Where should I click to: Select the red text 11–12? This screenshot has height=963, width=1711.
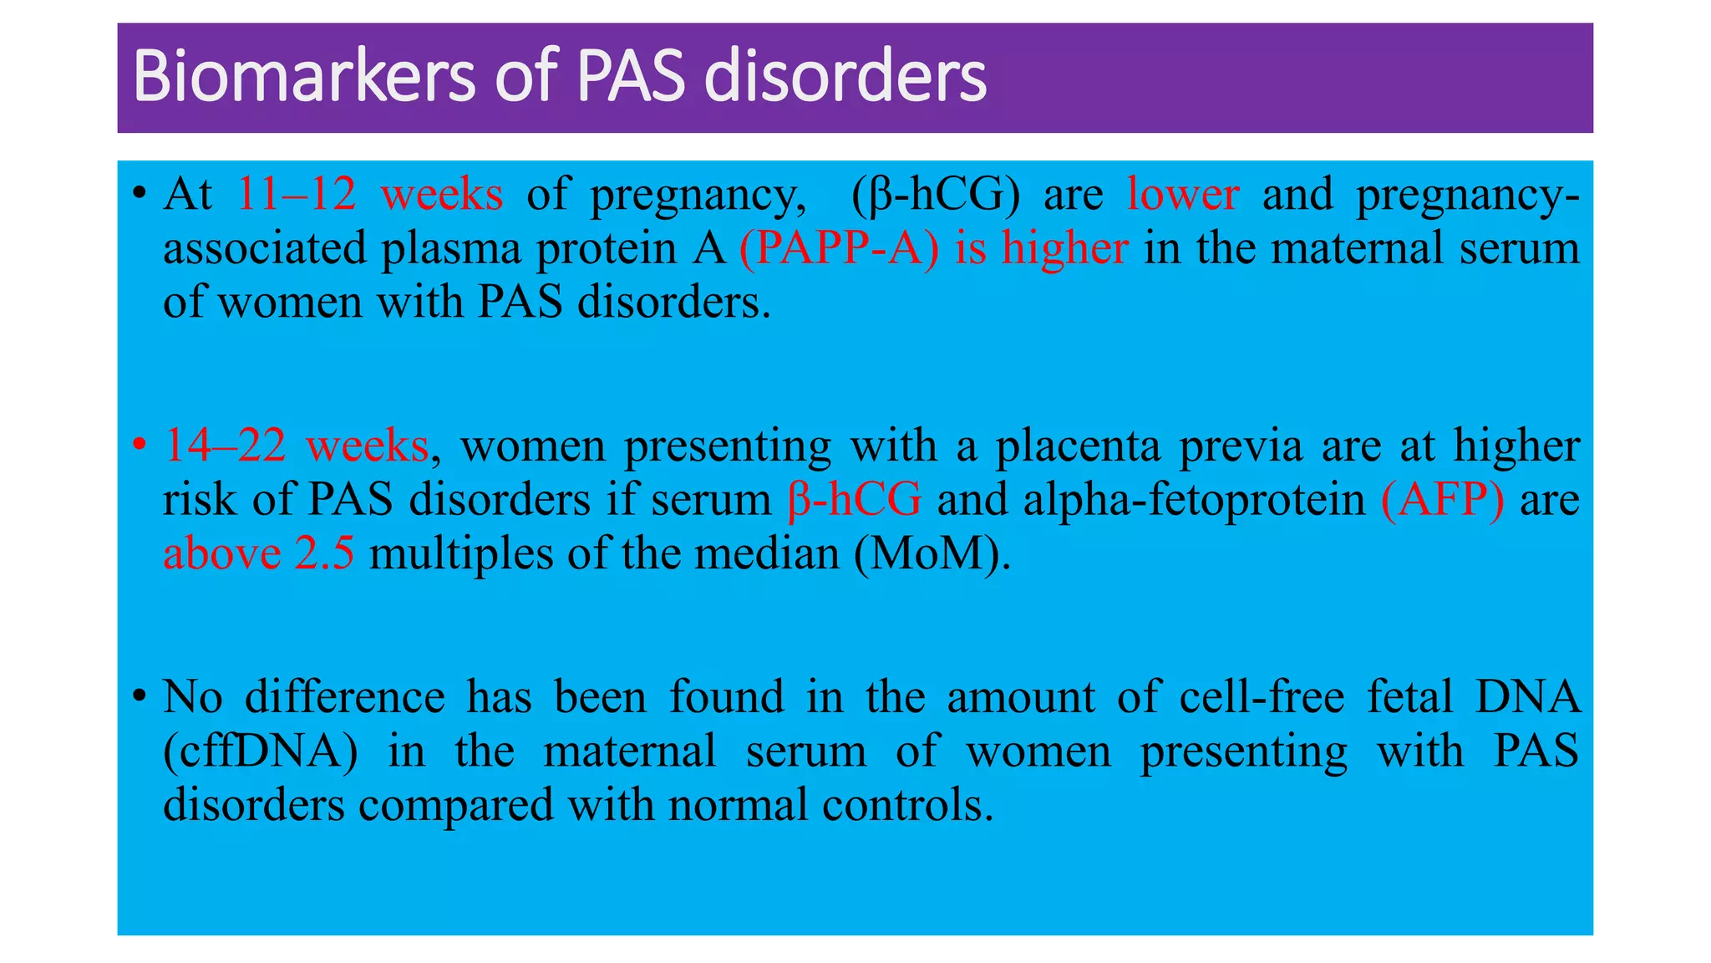tap(297, 194)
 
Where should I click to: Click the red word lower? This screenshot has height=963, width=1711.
tap(1182, 194)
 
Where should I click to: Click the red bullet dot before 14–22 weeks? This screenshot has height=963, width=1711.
tap(140, 443)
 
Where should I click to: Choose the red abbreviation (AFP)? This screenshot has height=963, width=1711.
tap(1443, 500)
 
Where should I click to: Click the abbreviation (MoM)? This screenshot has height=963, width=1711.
tap(932, 553)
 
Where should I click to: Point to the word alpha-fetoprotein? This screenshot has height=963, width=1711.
tap(1194, 500)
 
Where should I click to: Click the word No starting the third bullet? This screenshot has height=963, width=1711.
tap(193, 696)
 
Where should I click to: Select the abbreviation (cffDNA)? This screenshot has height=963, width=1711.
tap(260, 751)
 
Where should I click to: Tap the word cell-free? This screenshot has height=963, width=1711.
tap(1262, 696)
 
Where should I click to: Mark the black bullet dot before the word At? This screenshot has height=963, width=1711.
tap(140, 196)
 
